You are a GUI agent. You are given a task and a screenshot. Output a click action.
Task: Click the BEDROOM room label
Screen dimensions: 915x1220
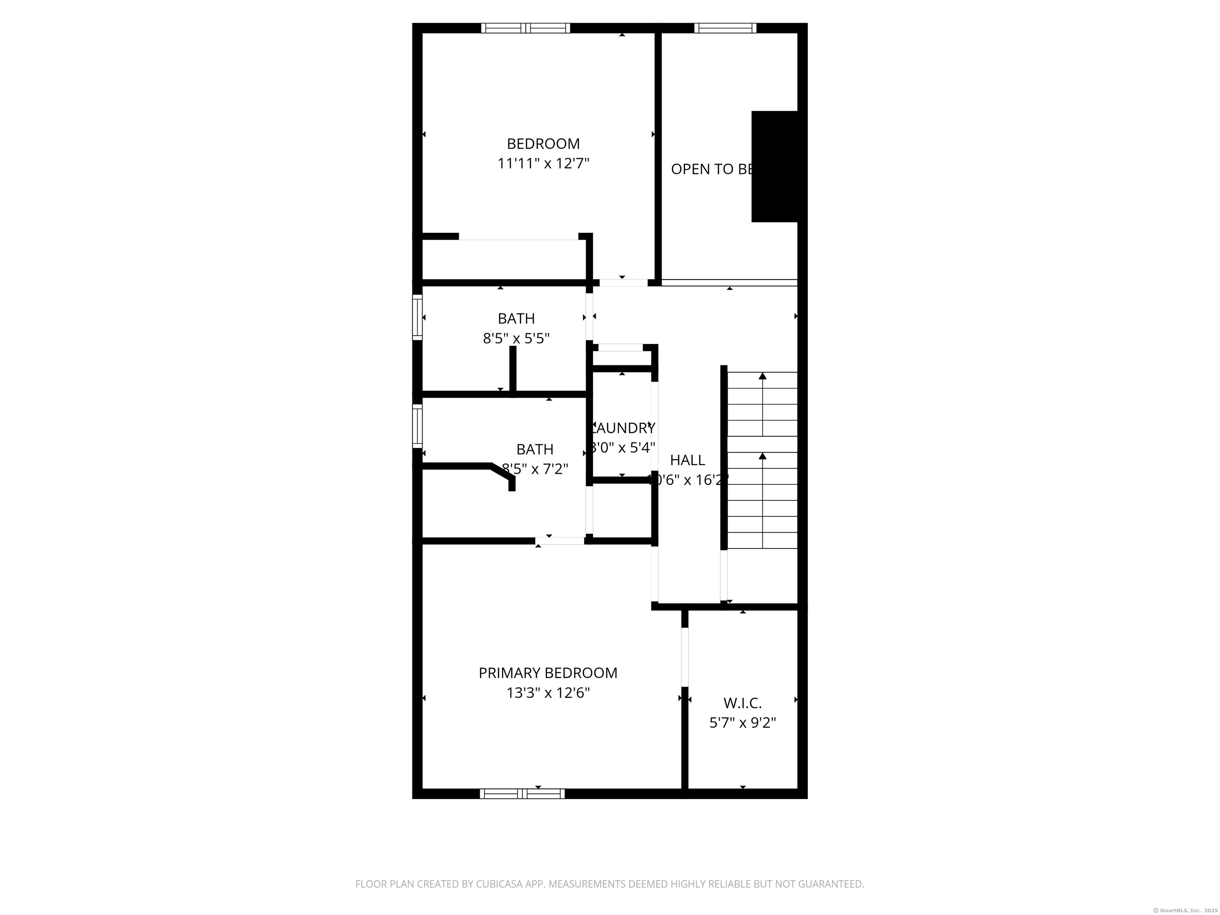pos(543,144)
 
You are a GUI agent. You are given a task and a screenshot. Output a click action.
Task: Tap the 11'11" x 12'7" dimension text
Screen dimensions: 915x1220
pos(543,164)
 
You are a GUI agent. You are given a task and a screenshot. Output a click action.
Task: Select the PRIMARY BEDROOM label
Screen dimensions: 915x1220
pos(548,673)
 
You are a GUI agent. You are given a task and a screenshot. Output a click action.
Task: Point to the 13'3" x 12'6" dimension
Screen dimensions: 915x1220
pos(548,693)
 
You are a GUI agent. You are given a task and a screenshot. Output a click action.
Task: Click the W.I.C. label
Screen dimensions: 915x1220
pos(742,703)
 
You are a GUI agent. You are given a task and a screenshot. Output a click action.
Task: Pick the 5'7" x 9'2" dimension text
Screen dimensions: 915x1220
pos(742,722)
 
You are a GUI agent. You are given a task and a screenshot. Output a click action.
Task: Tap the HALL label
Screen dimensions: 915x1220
pos(687,460)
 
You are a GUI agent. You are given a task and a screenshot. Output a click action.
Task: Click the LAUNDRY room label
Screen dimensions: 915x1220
pos(623,428)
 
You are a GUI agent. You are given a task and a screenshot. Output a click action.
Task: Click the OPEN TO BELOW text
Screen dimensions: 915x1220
pos(712,169)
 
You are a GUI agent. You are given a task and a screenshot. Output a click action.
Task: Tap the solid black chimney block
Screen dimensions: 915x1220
pos(774,166)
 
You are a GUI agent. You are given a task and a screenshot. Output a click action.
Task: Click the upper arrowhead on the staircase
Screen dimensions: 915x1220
pos(763,376)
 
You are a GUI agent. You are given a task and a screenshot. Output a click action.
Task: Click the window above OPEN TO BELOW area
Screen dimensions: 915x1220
pos(725,28)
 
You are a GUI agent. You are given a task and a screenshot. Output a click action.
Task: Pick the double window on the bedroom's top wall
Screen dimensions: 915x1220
pos(526,28)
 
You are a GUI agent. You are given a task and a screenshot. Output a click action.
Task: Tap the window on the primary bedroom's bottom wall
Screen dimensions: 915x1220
pos(522,793)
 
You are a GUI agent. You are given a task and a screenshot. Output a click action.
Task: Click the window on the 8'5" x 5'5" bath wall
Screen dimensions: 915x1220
pos(417,317)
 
